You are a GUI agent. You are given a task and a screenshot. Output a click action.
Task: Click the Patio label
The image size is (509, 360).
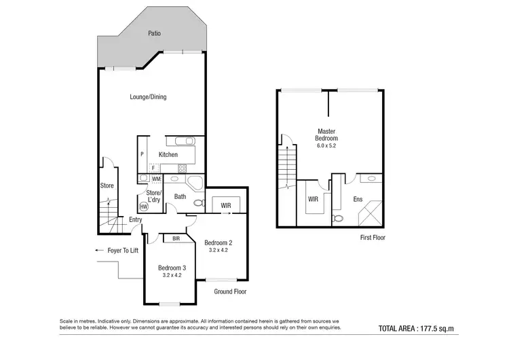tap(154, 33)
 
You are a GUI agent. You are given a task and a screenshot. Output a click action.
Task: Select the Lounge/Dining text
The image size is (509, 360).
tap(148, 97)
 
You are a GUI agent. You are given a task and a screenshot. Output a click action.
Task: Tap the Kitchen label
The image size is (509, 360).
tap(168, 155)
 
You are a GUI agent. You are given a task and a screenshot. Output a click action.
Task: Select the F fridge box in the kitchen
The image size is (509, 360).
tap(153, 167)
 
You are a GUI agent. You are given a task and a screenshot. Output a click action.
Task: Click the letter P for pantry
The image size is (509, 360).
tap(143, 155)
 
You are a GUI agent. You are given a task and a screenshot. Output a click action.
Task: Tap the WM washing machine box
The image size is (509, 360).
tap(156, 179)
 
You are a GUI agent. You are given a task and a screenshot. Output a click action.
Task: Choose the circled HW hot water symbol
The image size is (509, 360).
tap(143, 206)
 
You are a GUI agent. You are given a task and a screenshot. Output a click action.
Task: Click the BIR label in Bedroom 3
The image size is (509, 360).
tap(176, 238)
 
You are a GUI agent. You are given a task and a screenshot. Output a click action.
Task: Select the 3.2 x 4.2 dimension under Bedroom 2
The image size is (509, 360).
tap(219, 250)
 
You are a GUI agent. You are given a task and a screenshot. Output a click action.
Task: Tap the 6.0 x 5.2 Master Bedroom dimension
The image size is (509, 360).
tap(326, 145)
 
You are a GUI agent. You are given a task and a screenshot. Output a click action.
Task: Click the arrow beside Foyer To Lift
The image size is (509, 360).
tap(100, 250)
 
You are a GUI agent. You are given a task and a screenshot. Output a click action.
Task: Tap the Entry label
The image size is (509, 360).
tap(136, 219)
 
